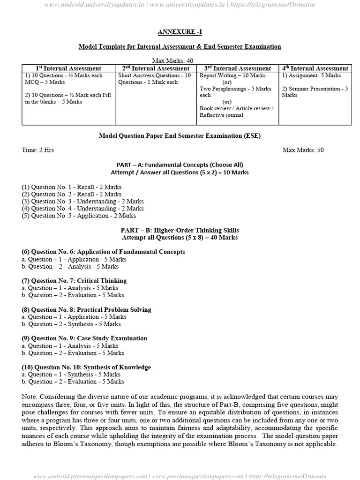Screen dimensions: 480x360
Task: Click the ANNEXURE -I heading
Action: [x=180, y=32]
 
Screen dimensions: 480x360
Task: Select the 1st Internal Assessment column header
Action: [x=68, y=68]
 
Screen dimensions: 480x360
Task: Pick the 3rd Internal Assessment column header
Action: [x=237, y=68]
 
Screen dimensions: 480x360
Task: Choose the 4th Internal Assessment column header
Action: [x=315, y=68]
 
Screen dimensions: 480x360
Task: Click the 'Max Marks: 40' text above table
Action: [x=173, y=60]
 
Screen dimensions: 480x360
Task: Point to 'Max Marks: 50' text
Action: [x=303, y=150]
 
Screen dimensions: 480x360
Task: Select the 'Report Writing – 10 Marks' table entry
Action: [x=232, y=75]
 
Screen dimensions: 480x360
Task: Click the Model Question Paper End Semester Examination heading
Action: [x=180, y=136]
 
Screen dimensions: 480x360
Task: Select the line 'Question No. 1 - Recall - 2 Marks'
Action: [x=71, y=187]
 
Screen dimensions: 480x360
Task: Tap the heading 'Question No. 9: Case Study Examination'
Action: [x=84, y=338]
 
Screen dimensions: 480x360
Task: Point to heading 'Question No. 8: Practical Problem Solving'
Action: [x=86, y=309]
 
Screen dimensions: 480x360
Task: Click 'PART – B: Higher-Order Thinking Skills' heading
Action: [x=180, y=230]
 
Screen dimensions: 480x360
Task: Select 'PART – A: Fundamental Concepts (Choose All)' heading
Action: [x=180, y=165]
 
